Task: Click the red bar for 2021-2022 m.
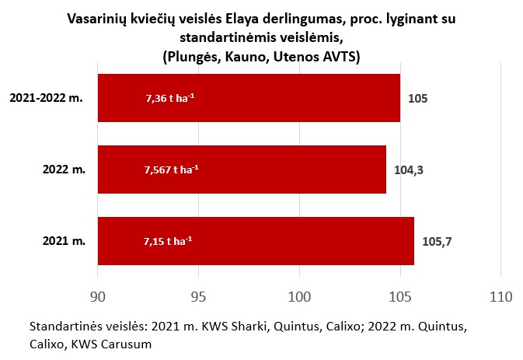(249, 98)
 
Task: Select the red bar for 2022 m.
(242, 169)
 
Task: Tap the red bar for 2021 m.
(256, 240)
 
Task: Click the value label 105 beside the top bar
(418, 99)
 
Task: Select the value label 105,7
(436, 241)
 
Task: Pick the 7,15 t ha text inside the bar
(168, 240)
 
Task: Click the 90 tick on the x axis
(97, 296)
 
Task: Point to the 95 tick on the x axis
(198, 296)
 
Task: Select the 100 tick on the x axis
(299, 296)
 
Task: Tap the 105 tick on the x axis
(400, 296)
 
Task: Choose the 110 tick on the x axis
(500, 296)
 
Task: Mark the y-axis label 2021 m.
(65, 241)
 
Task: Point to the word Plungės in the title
(190, 56)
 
